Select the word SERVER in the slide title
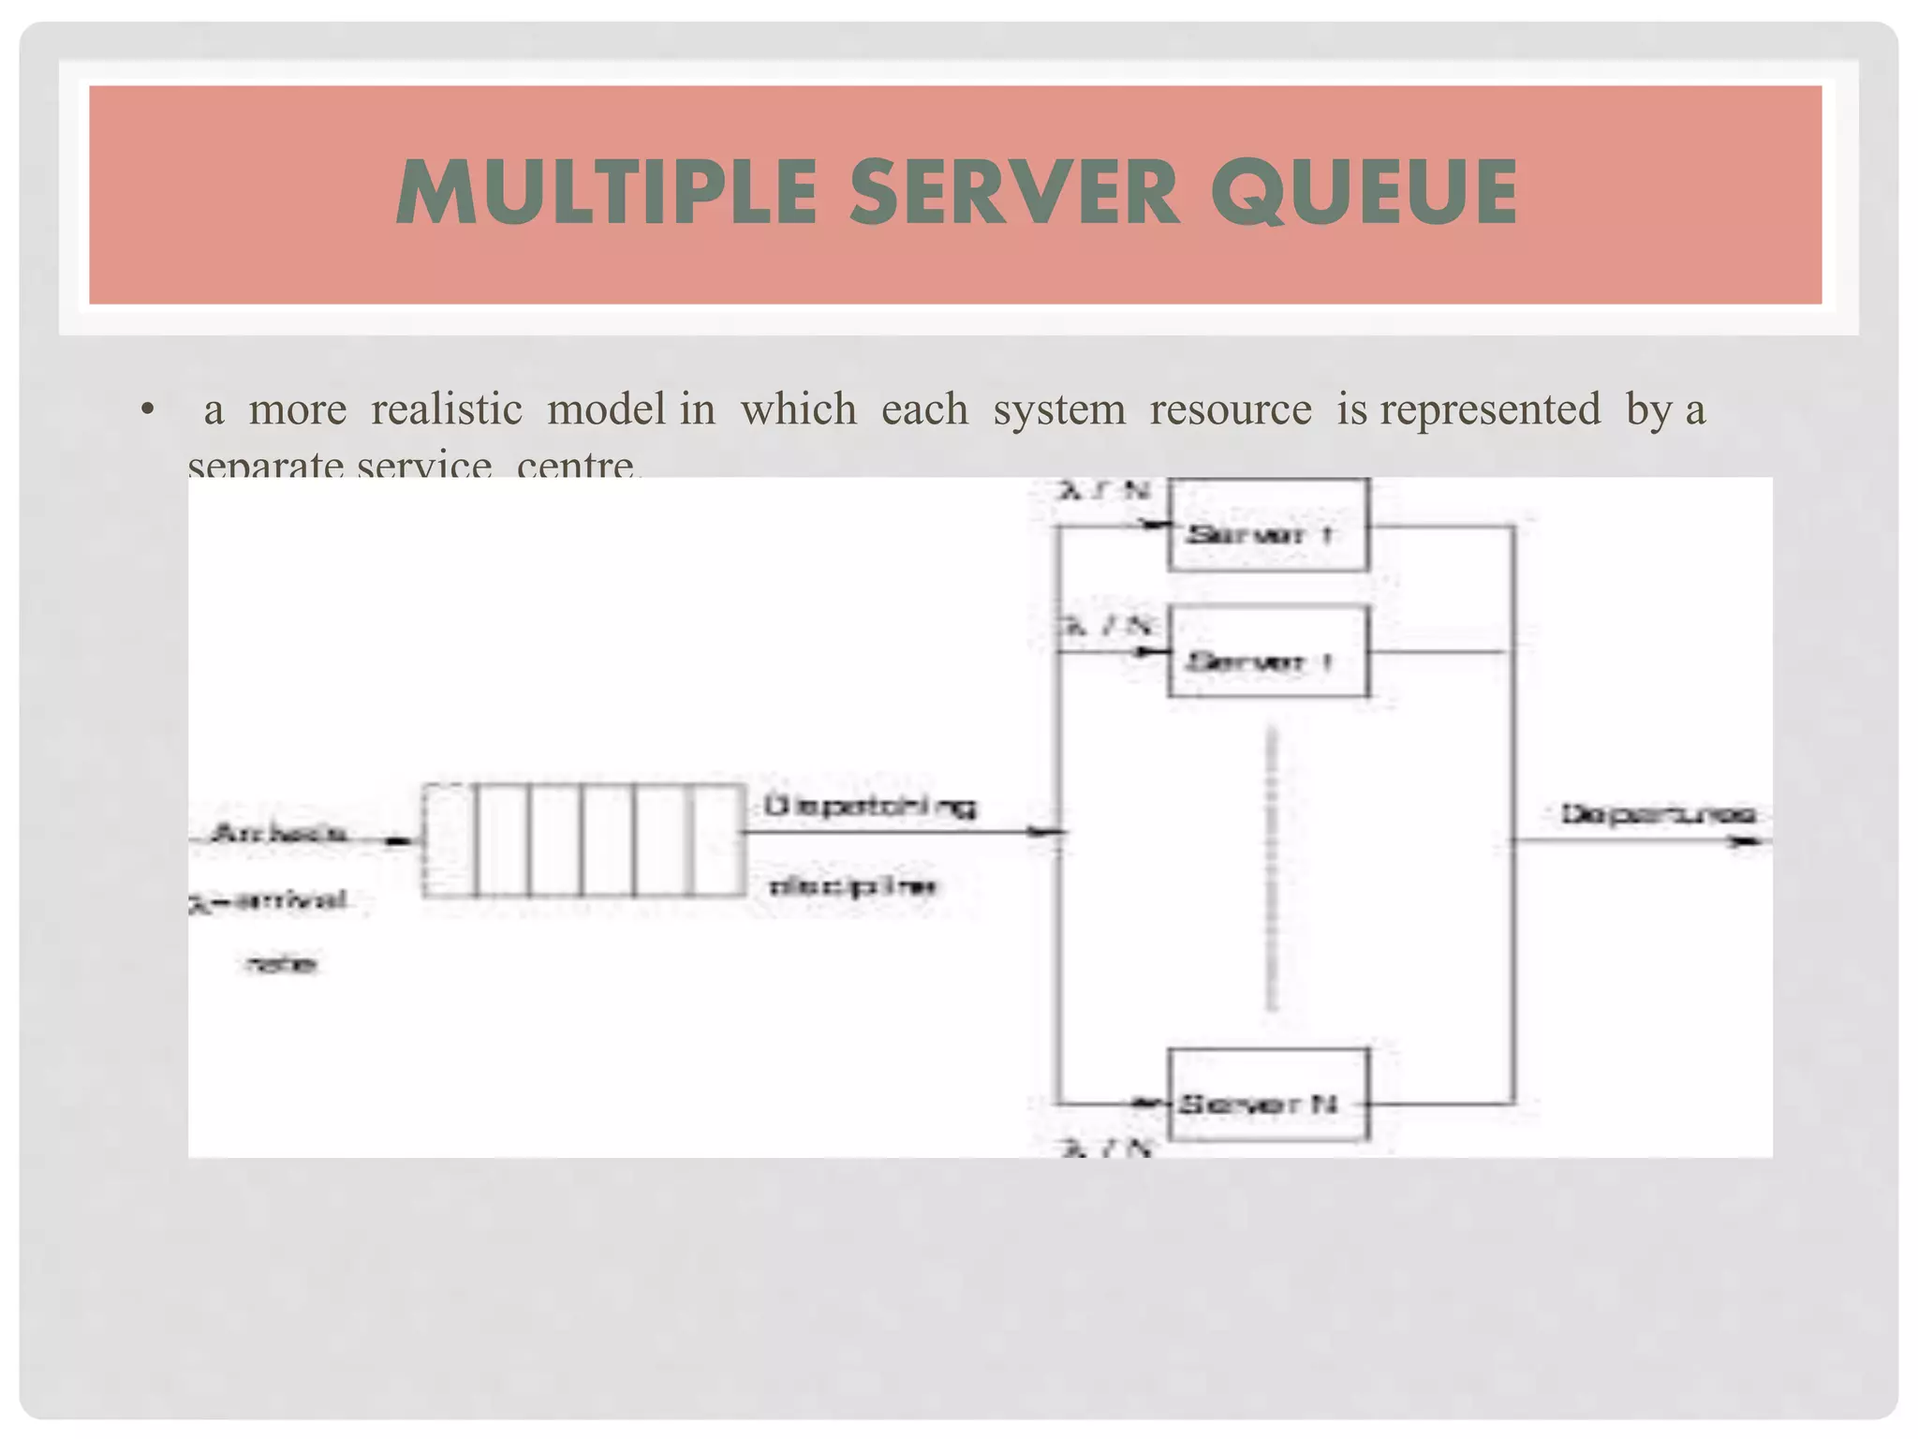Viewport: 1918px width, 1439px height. [x=1013, y=192]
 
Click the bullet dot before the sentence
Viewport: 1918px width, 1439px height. [x=147, y=409]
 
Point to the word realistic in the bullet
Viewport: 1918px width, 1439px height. [x=446, y=409]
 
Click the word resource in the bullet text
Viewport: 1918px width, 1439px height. [x=1230, y=409]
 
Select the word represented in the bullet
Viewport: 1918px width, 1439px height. [x=1490, y=409]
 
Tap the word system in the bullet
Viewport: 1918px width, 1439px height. [x=1058, y=409]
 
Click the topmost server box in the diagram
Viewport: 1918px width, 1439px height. [x=1268, y=526]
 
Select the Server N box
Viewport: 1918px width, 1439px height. [x=1268, y=1094]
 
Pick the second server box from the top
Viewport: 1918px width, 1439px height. [x=1268, y=652]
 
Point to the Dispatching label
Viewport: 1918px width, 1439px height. [x=870, y=806]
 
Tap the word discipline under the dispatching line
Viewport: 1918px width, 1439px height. [x=852, y=885]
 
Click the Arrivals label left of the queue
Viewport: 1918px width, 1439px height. [x=280, y=832]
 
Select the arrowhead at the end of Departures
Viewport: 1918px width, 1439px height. [x=1747, y=841]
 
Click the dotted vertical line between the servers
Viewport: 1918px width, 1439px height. [x=1271, y=871]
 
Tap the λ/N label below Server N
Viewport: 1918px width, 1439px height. [x=1105, y=1148]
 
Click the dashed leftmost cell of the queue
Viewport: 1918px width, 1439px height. [x=448, y=840]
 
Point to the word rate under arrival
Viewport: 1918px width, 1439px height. [x=281, y=963]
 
